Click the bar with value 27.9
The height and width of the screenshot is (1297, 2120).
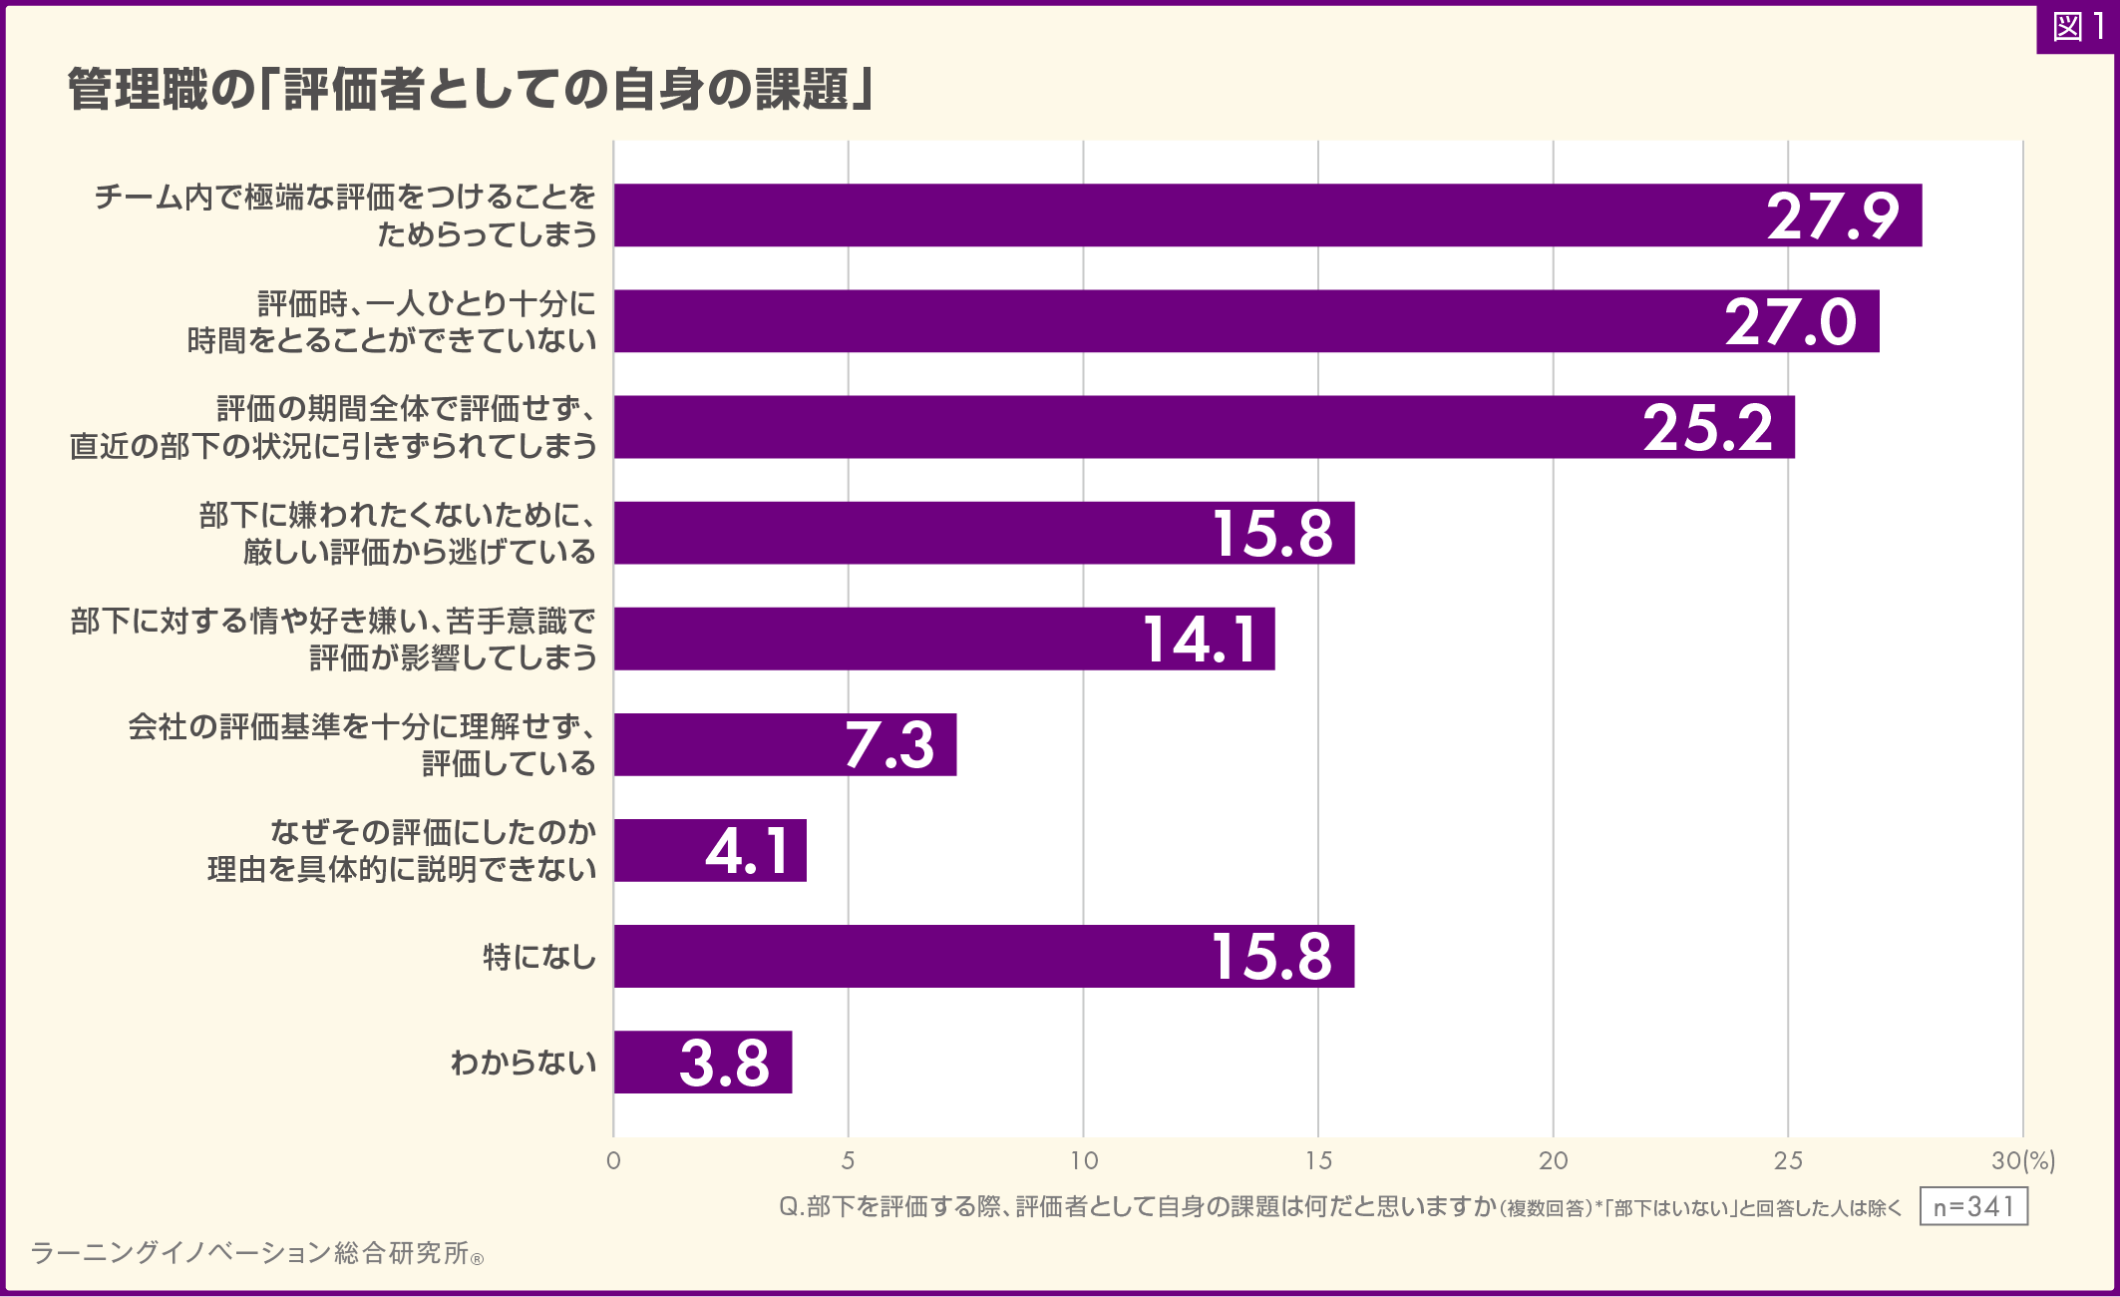pyautogui.click(x=1266, y=216)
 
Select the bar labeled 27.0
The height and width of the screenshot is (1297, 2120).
pyautogui.click(x=1246, y=321)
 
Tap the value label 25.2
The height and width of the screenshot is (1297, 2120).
pyautogui.click(x=1708, y=428)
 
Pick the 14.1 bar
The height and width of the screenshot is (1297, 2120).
pyautogui.click(x=943, y=639)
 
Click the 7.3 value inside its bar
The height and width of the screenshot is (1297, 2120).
pyautogui.click(x=889, y=744)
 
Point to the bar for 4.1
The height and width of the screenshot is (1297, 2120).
pyautogui.click(x=710, y=851)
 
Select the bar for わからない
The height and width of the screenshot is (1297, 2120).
pyautogui.click(x=703, y=1063)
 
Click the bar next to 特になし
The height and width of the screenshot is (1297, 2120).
pyautogui.click(x=983, y=957)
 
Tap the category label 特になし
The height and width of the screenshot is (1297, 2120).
pyautogui.click(x=539, y=958)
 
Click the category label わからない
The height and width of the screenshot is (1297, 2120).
pyautogui.click(x=524, y=1063)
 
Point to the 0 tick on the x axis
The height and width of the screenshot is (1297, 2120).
pyautogui.click(x=613, y=1160)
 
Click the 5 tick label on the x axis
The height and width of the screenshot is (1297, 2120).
pyautogui.click(x=848, y=1160)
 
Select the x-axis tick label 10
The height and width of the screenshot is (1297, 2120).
pyautogui.click(x=1084, y=1160)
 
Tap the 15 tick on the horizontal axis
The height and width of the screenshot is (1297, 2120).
pyautogui.click(x=1318, y=1160)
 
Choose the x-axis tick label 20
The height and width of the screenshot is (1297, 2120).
pyautogui.click(x=1554, y=1160)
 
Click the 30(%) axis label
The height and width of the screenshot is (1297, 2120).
pyautogui.click(x=2023, y=1160)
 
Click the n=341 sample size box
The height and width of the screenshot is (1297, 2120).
pyautogui.click(x=1973, y=1207)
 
